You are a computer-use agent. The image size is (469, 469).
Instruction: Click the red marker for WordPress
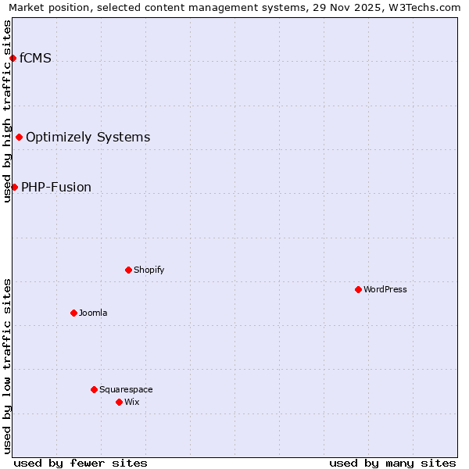pos(358,289)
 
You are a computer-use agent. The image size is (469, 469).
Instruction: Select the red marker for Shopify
pos(128,270)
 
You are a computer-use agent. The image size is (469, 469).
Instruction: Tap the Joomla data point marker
pos(73,313)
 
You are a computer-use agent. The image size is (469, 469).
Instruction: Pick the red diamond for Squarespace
pos(94,389)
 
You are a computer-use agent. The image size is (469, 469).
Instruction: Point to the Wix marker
pos(119,402)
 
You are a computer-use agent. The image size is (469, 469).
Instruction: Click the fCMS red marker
pos(13,58)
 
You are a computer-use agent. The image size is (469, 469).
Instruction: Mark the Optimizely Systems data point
pos(19,137)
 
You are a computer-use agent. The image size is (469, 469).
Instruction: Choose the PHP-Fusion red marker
pos(14,187)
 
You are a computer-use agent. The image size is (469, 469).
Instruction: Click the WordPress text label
pos(385,289)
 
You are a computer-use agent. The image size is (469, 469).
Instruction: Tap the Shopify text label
pos(149,270)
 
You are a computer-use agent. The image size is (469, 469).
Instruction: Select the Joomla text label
pos(93,313)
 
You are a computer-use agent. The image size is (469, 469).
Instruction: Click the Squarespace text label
pos(126,389)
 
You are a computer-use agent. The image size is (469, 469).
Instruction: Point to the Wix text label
pos(131,402)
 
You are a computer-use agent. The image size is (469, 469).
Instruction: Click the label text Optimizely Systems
pos(88,138)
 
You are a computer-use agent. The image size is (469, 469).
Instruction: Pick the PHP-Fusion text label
pos(56,188)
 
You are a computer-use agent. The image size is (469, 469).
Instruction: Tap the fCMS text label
pos(35,58)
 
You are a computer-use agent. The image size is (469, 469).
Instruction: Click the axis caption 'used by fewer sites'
pos(81,463)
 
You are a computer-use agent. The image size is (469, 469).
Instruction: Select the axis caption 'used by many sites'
pos(392,463)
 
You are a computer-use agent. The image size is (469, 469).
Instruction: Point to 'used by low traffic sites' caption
pos(7,366)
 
